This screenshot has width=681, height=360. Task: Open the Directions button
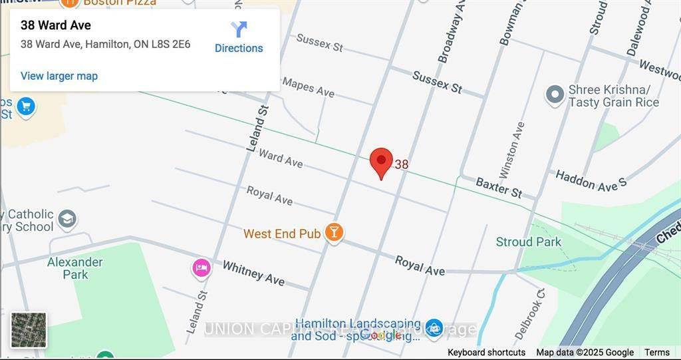click(x=239, y=37)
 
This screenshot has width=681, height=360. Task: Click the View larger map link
click(x=59, y=76)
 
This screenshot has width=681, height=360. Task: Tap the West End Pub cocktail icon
click(x=334, y=232)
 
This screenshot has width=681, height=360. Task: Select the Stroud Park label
click(x=529, y=242)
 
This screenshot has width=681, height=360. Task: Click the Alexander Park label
click(x=74, y=268)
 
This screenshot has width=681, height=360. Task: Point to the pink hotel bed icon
click(x=202, y=268)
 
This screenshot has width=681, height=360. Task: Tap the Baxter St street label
click(x=499, y=188)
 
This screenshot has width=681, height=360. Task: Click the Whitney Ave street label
click(x=253, y=273)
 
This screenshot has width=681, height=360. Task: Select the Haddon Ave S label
click(x=591, y=181)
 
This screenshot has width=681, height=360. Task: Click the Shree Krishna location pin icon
click(x=555, y=95)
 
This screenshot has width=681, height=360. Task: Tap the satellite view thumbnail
click(x=29, y=330)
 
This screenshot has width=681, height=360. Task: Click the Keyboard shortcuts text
click(x=486, y=353)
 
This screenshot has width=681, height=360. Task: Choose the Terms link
click(x=657, y=353)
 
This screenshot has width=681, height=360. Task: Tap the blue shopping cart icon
click(x=26, y=106)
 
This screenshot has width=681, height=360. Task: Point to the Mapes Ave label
click(x=308, y=87)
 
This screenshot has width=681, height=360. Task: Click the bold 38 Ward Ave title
click(x=56, y=25)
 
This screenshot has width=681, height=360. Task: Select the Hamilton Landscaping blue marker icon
click(x=434, y=327)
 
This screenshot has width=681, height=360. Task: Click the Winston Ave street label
click(x=512, y=150)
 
